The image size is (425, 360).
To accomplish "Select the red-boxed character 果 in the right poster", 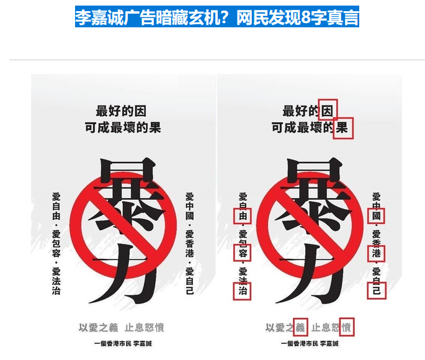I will [x=342, y=128].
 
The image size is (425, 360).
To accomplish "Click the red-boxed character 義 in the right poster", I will [x=300, y=327].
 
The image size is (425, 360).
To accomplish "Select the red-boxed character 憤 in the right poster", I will [x=346, y=327].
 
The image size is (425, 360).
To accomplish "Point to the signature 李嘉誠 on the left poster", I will [x=141, y=343].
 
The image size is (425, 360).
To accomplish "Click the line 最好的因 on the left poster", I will [x=122, y=110].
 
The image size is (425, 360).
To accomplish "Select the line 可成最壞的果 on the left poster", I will [x=122, y=128].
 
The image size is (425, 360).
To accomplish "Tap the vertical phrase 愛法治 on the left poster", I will [x=56, y=281].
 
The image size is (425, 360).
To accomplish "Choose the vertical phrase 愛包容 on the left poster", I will [x=56, y=244].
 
